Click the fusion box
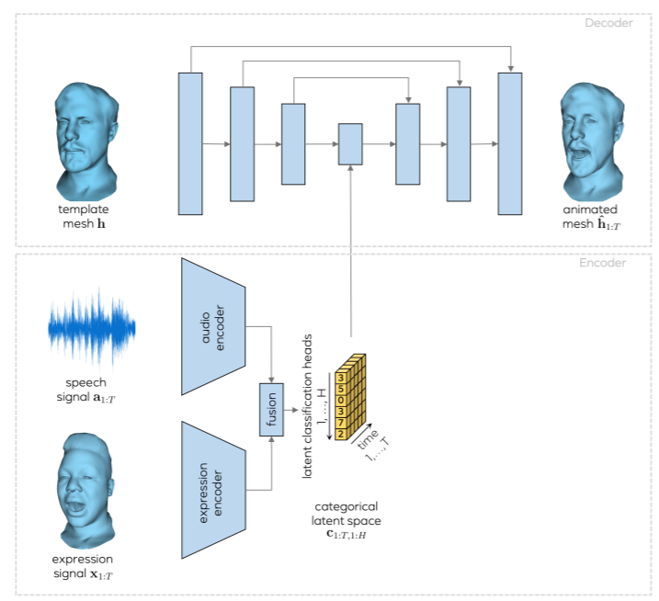point(271,409)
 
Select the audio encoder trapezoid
point(213,326)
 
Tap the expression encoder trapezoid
point(213,490)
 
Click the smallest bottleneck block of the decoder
point(350,144)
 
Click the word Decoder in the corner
point(608,23)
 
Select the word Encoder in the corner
point(603,263)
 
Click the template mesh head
point(85,142)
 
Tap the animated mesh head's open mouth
point(579,153)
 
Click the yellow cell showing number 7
point(340,423)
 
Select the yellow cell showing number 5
point(340,389)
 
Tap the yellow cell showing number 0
point(340,400)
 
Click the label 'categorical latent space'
point(346,514)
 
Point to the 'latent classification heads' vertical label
point(308,406)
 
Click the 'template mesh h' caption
point(84,217)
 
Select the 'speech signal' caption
point(85,390)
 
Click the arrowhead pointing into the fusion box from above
point(271,380)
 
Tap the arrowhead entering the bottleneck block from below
point(350,168)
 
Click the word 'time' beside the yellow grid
point(368,439)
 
